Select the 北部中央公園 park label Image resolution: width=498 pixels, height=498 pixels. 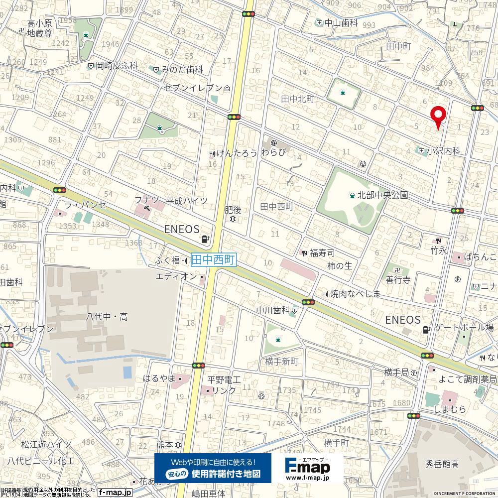(x=382, y=195)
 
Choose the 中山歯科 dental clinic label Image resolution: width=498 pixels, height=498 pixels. (x=341, y=23)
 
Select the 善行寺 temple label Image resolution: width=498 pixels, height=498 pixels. (x=398, y=280)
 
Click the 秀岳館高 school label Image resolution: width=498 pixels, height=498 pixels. (x=442, y=464)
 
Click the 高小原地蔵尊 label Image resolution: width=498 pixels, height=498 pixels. (x=40, y=29)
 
